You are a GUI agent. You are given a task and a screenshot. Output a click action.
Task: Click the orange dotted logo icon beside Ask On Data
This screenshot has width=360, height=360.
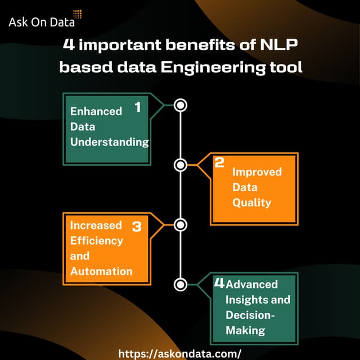(78, 15)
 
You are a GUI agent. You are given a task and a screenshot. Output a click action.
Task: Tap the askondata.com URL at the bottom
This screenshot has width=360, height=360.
(180, 353)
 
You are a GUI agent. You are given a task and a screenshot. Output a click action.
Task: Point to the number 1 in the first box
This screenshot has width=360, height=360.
(137, 107)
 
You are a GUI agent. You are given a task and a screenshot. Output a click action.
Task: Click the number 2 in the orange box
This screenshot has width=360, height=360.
(220, 163)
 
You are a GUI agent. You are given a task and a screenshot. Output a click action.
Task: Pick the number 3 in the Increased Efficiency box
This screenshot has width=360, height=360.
(137, 227)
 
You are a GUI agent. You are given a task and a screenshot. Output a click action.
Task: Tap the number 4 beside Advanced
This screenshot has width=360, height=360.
(219, 283)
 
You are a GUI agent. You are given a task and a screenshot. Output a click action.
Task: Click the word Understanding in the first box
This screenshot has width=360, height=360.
(109, 142)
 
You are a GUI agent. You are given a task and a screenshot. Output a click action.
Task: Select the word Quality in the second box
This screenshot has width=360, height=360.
(251, 202)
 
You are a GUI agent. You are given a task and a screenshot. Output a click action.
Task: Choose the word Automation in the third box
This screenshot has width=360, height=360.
(101, 271)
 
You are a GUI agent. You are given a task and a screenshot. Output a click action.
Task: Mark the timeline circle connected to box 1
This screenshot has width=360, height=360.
(181, 105)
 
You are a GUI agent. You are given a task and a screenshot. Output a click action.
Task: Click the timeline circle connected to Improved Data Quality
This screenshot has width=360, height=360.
(181, 165)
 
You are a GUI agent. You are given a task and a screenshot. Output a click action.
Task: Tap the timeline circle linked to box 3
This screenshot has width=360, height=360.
(181, 225)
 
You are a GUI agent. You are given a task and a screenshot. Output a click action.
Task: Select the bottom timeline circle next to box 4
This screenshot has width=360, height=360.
(181, 284)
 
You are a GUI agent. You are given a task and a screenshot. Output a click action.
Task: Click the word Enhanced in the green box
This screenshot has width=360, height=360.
(96, 111)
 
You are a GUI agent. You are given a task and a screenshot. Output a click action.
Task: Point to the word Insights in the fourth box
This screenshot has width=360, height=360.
(245, 299)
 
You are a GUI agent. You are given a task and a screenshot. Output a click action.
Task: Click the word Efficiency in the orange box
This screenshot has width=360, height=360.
(96, 241)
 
